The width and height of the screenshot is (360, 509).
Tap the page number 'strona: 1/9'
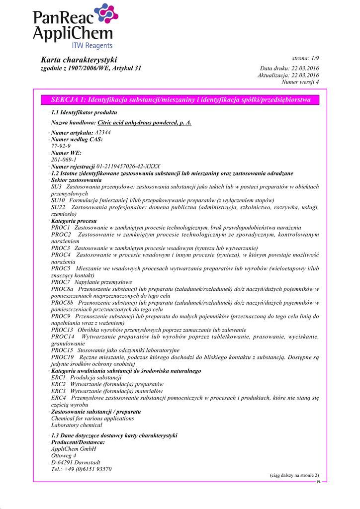click(305, 59)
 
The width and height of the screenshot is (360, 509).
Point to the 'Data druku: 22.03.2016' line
click(289, 68)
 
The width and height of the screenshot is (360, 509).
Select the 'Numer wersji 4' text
click(300, 82)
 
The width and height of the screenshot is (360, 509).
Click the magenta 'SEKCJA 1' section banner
click(180, 100)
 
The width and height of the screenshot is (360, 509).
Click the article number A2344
click(103, 133)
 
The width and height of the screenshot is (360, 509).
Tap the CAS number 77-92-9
click(61, 146)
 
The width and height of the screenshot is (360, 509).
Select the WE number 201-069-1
click(64, 160)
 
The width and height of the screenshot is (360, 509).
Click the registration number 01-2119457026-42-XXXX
click(129, 167)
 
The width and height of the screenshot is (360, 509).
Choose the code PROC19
click(62, 357)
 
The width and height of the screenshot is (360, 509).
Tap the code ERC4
click(58, 398)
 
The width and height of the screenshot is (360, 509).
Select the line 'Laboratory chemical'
click(77, 425)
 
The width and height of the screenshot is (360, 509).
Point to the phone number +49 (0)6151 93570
click(81, 469)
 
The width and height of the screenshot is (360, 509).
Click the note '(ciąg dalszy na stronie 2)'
click(294, 476)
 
